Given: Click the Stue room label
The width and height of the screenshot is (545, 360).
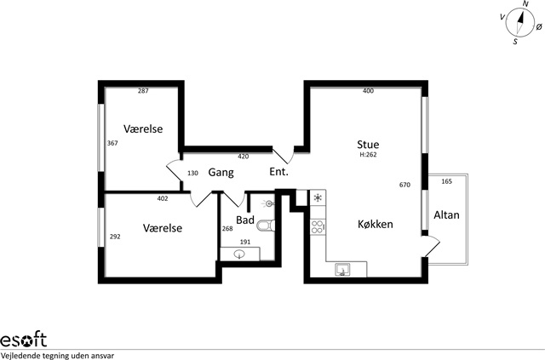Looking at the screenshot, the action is [x=368, y=144].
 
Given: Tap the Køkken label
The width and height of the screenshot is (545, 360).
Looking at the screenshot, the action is [x=376, y=224].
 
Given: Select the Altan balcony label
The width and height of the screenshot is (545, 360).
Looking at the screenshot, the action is [x=446, y=215].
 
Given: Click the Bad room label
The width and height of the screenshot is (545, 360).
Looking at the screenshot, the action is [x=245, y=220].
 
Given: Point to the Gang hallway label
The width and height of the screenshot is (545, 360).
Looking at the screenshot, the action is [x=221, y=173].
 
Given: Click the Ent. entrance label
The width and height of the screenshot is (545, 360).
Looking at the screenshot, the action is [x=279, y=172].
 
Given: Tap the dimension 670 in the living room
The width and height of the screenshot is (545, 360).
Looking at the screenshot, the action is [x=405, y=185].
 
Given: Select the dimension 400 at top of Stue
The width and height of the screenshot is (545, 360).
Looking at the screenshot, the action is [x=368, y=91].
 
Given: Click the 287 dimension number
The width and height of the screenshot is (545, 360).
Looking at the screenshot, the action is [x=143, y=91].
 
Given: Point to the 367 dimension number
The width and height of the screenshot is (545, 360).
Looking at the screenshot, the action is [x=112, y=143].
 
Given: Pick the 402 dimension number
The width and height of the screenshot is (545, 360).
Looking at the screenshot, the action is [x=163, y=199].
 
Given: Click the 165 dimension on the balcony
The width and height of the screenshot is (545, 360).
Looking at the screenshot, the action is [x=446, y=181].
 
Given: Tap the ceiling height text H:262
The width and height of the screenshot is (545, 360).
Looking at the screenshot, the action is [x=368, y=155].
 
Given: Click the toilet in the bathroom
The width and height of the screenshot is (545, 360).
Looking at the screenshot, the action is [x=267, y=226].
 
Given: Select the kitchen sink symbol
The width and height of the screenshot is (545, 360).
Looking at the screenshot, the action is [x=342, y=269].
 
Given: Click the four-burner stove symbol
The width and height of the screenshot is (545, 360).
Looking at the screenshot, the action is [x=318, y=227].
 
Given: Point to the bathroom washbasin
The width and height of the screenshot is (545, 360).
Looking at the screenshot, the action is [x=240, y=254].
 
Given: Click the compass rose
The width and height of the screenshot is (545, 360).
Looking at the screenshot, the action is [x=520, y=23].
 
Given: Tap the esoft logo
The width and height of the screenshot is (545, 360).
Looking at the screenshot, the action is [x=23, y=340].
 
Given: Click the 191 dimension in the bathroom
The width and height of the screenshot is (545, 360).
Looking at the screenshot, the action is [x=245, y=243].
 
